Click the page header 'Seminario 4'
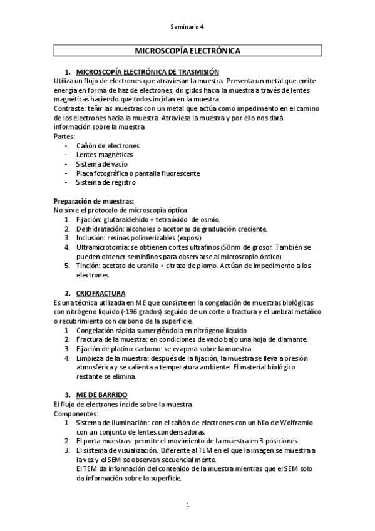pyautogui.click(x=187, y=27)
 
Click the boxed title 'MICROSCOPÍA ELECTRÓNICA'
pyautogui.click(x=187, y=51)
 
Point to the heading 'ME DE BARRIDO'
pyautogui.click(x=101, y=394)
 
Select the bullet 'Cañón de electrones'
pyautogui.click(x=108, y=146)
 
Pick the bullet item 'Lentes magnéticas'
pyautogui.click(x=105, y=155)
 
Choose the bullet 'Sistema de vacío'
pyautogui.click(x=102, y=164)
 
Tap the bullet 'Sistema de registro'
pyautogui.click(x=105, y=182)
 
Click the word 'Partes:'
pyautogui.click(x=64, y=136)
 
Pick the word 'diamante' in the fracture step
pyautogui.click(x=292, y=339)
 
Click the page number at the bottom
pyautogui.click(x=187, y=504)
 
